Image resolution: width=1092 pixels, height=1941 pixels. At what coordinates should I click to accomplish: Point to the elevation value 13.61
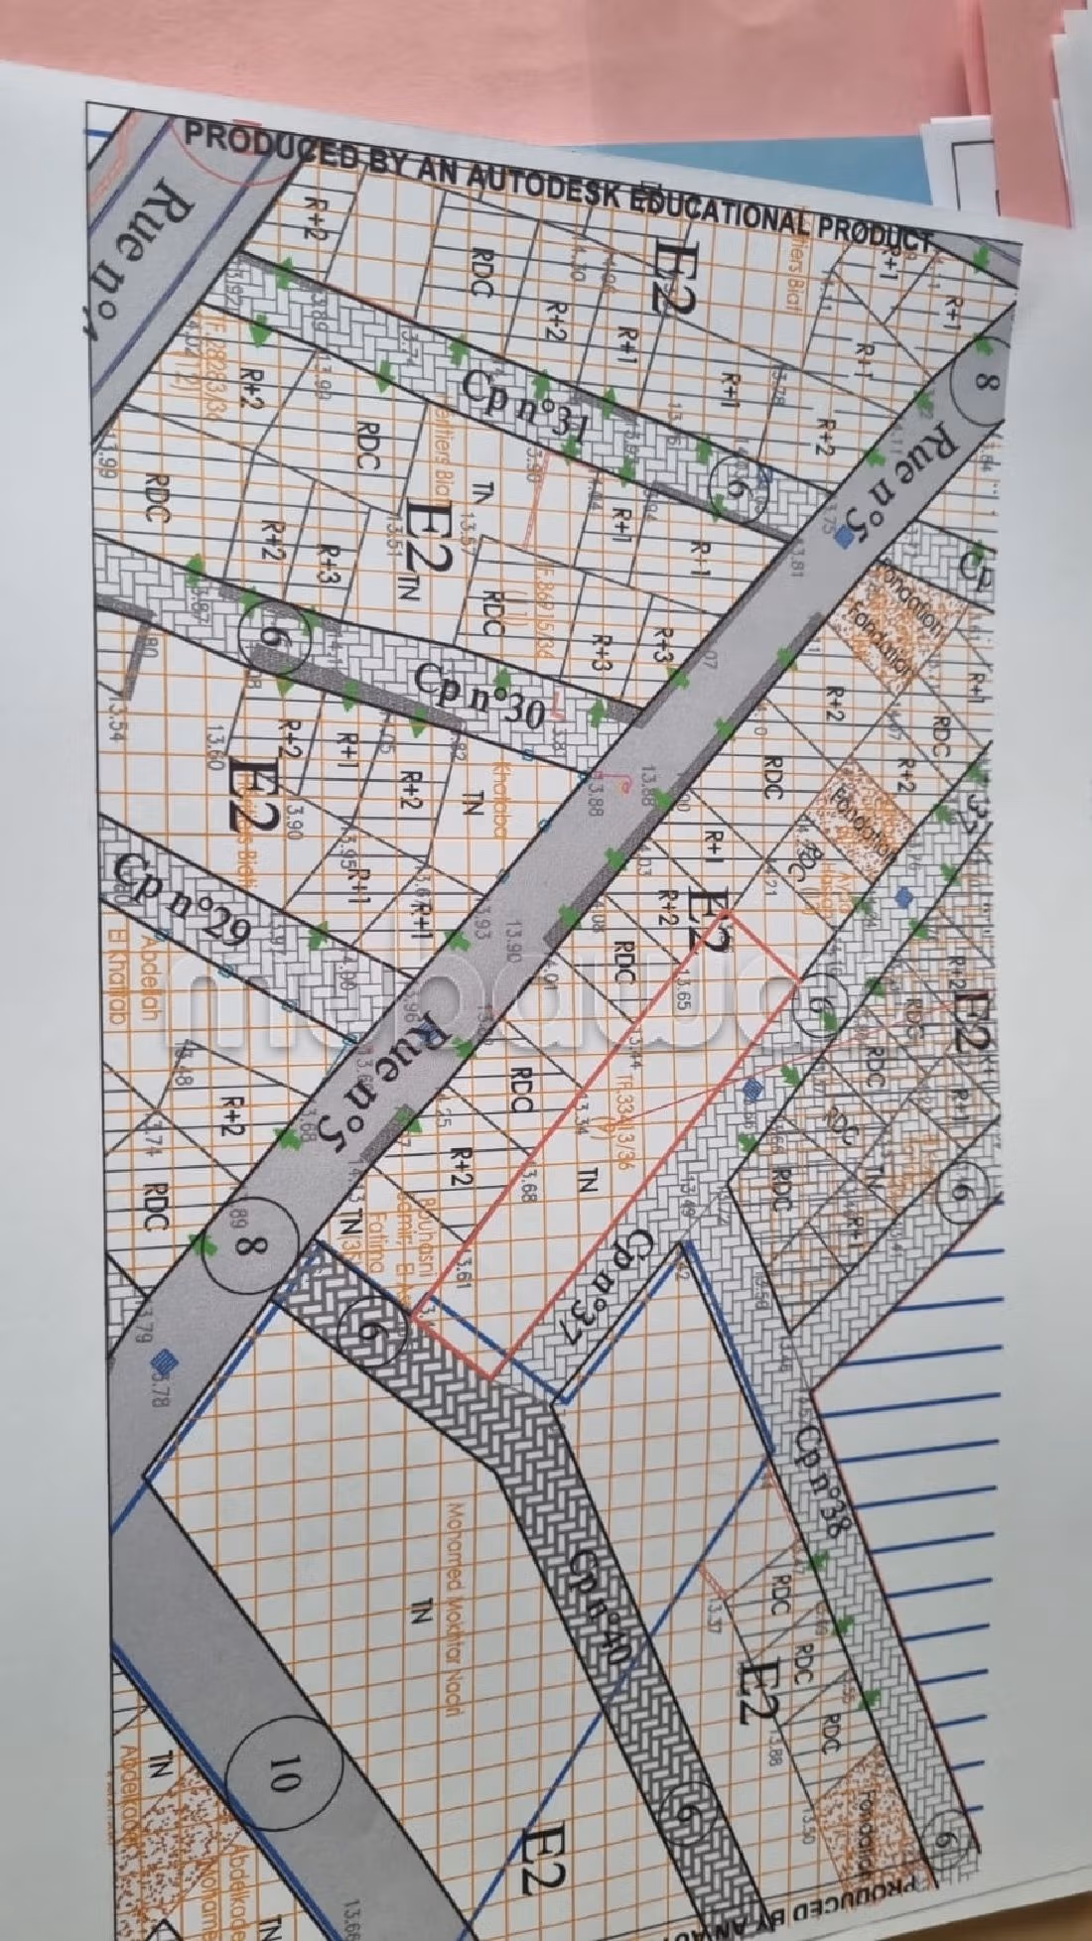[x=463, y=1272]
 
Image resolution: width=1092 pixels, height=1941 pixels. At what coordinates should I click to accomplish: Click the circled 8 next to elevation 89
[x=247, y=1245]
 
